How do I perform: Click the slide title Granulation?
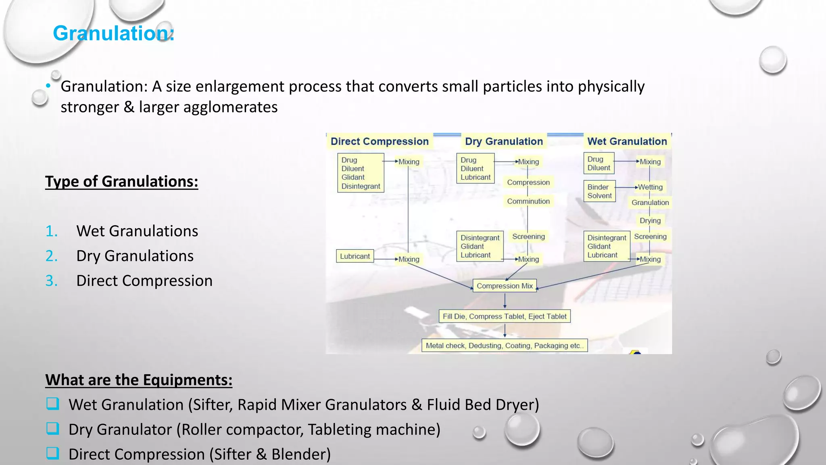[x=113, y=33]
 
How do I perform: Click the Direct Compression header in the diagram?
[x=379, y=141]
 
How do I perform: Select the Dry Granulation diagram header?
[x=504, y=141]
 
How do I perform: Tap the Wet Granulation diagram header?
[x=627, y=141]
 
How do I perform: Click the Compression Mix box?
[x=505, y=286]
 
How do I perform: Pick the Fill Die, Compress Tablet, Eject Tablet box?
[x=504, y=316]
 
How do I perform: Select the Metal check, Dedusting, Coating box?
[x=504, y=346]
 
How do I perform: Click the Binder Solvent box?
[x=599, y=191]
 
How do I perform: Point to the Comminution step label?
[x=528, y=201]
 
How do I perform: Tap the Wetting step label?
[x=650, y=187]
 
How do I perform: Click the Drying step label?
[x=650, y=220]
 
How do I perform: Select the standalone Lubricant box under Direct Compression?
[x=355, y=256]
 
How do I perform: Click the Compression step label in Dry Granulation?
[x=528, y=182]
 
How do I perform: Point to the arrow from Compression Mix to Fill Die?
[x=505, y=301]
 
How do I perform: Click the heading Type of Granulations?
[x=121, y=182]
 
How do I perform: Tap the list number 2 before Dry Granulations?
[x=52, y=256]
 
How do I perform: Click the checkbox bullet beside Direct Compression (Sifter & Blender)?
[x=53, y=453]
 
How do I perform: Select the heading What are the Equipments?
[x=139, y=380]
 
